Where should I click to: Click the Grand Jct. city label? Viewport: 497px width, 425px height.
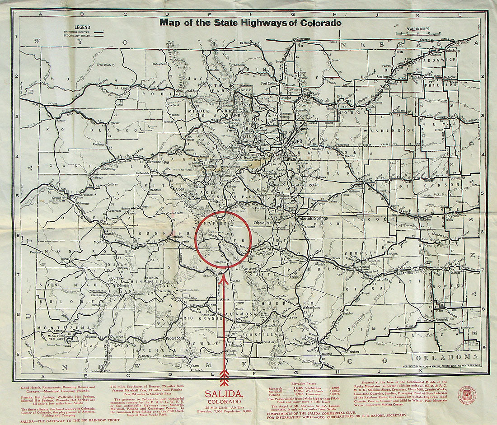coord(59,198)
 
